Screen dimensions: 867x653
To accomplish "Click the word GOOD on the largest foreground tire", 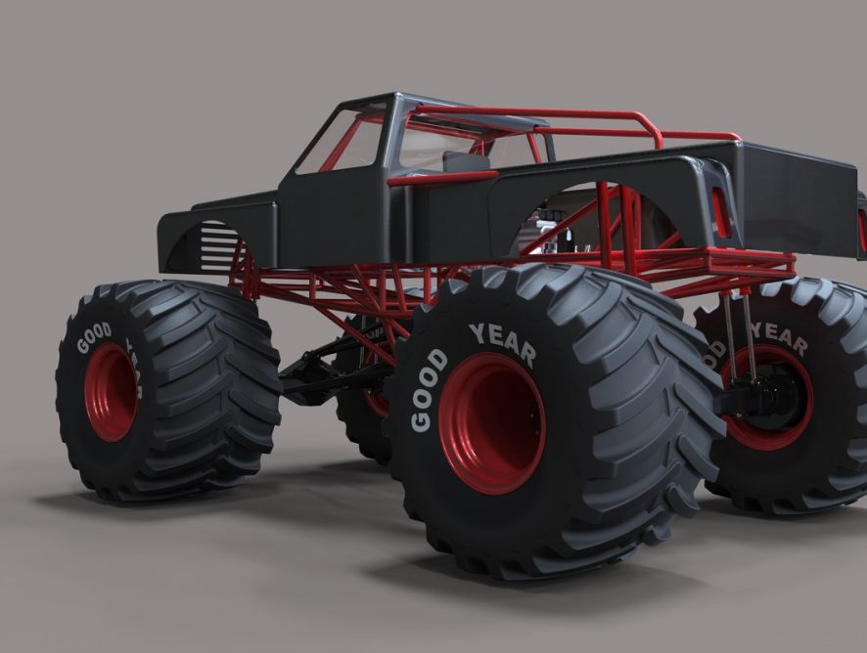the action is point(429,391).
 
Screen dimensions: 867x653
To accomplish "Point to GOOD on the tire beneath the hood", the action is point(93,337).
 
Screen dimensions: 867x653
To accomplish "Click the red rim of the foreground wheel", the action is point(491,422).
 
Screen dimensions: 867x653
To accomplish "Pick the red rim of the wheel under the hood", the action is point(112,391).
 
